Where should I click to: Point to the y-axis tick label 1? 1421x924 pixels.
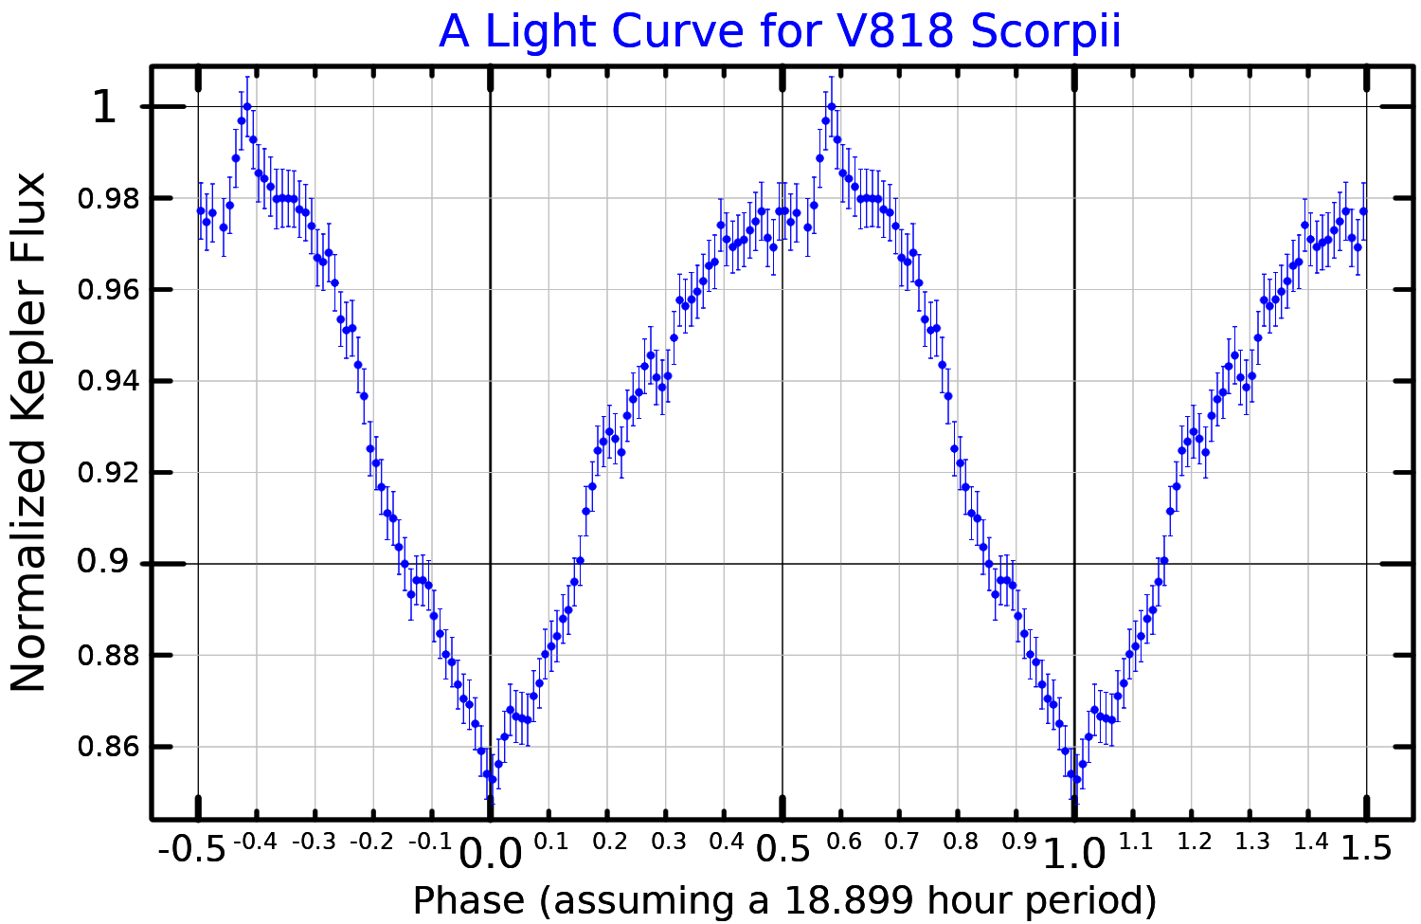point(103,107)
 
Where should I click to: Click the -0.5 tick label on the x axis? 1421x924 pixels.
point(192,848)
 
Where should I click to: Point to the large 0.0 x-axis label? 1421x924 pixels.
point(490,855)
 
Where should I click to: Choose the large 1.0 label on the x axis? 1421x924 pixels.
point(1073,855)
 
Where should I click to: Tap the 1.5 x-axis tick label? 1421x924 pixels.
point(1365,848)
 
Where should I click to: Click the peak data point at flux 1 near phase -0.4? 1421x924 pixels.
point(247,106)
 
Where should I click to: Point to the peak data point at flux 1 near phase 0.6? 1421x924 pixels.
point(832,106)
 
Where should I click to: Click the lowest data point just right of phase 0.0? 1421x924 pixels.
point(493,779)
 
